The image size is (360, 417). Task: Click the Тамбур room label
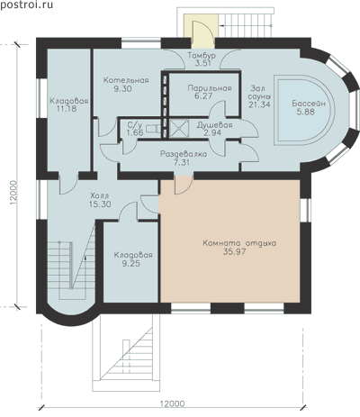[202, 56]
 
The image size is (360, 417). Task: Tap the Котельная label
[126, 80]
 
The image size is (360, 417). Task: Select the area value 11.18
[67, 109]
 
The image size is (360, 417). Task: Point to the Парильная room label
[210, 88]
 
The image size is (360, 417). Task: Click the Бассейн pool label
[309, 104]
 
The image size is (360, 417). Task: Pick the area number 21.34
[259, 104]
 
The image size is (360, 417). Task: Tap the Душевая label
[214, 125]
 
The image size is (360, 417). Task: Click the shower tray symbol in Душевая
[179, 129]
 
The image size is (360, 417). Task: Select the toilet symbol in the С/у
[153, 129]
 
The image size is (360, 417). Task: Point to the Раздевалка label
[184, 154]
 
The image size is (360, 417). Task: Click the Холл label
[100, 196]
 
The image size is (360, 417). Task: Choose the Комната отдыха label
[239, 243]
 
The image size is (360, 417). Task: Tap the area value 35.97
[234, 251]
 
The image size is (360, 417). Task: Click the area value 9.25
[131, 264]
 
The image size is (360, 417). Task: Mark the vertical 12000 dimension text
[13, 193]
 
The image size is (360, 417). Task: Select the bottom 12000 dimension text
[172, 404]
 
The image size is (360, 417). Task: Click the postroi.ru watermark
[26, 5]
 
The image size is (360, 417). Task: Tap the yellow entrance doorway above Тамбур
[199, 32]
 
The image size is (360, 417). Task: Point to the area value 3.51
[202, 63]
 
